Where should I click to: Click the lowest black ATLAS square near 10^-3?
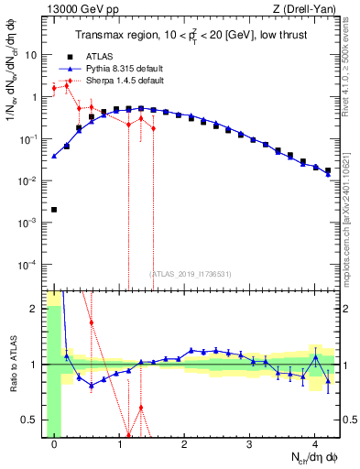pos(54,210)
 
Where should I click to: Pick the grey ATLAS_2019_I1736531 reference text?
pos(190,274)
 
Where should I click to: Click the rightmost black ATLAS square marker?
pos(328,170)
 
